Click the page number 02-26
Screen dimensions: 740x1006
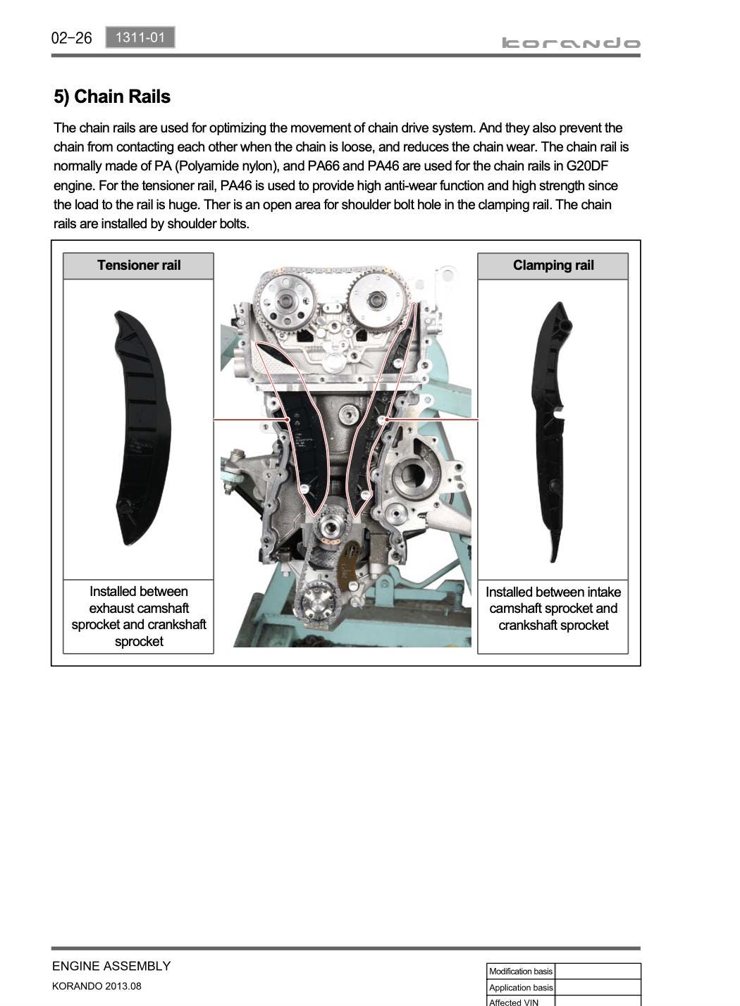[71, 38]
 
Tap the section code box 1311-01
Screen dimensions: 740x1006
[140, 37]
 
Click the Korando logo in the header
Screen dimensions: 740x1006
[571, 43]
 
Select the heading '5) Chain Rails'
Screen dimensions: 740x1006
[112, 97]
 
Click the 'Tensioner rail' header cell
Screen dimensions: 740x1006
[138, 266]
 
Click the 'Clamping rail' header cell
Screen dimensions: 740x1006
[553, 266]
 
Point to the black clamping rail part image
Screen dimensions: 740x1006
[552, 431]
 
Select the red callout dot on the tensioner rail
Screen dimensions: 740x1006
[288, 419]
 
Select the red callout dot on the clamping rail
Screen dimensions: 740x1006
[386, 419]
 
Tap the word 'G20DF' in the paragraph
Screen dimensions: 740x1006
[587, 166]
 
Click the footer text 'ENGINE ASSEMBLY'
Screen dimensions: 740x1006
[111, 966]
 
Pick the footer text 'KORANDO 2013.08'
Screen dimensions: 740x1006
[97, 986]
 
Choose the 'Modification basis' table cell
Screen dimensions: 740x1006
[520, 971]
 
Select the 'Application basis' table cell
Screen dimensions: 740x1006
[520, 988]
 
